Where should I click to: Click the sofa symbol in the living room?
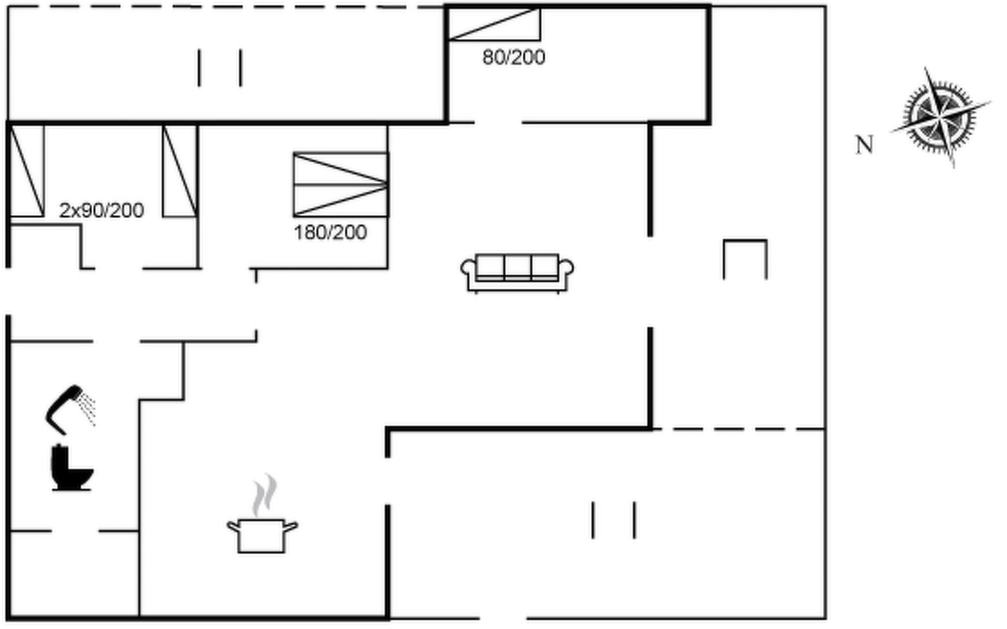click(x=517, y=273)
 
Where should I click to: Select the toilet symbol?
click(x=71, y=468)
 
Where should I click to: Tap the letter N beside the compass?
click(x=864, y=145)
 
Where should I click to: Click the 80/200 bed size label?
click(x=513, y=57)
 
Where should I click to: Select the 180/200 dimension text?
click(x=330, y=232)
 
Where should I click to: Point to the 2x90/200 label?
click(x=101, y=210)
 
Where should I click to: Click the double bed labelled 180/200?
click(x=340, y=185)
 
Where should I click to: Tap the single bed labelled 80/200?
click(x=494, y=24)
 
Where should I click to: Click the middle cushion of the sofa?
click(x=517, y=266)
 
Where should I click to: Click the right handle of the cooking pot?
click(x=291, y=526)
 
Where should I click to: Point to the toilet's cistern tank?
click(x=59, y=459)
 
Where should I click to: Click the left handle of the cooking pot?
click(x=232, y=526)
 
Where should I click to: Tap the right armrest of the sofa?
click(x=566, y=269)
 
